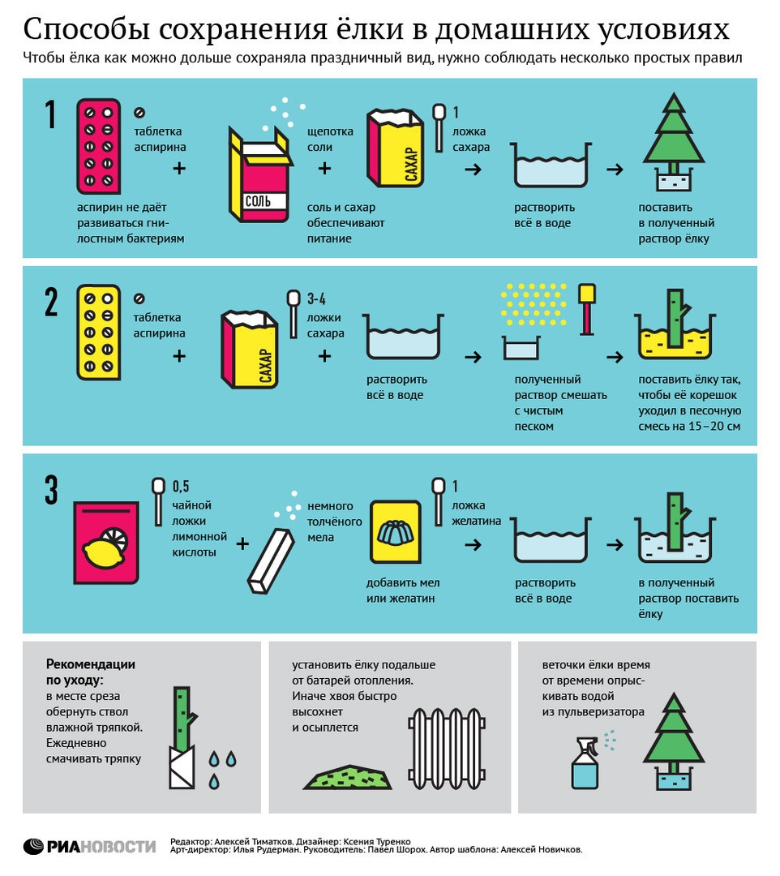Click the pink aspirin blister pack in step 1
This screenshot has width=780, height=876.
[98, 146]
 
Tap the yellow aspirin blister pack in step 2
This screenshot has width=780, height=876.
[98, 333]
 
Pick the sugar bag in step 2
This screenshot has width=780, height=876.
[249, 349]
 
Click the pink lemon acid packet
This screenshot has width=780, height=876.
[106, 543]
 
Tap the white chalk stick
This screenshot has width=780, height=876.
[271, 561]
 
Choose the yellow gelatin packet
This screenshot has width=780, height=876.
[396, 532]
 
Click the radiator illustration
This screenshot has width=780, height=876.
[446, 749]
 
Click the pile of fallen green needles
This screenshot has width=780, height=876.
[347, 777]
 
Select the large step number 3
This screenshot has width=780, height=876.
[51, 490]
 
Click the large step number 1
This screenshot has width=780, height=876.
[51, 115]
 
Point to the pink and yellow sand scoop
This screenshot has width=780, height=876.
[587, 310]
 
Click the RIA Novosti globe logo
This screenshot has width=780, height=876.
[33, 846]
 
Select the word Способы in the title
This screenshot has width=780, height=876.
[87, 30]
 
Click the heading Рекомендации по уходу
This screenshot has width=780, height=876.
[91, 672]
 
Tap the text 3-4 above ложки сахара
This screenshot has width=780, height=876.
[316, 298]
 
